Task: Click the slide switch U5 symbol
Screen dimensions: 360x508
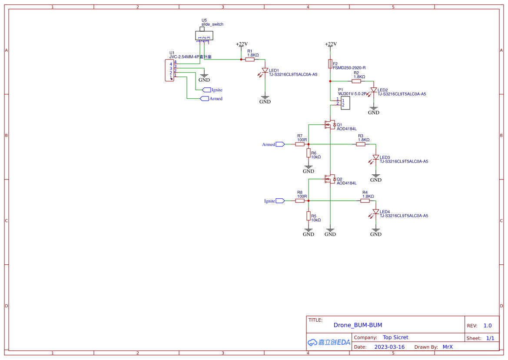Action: pyautogui.click(x=204, y=35)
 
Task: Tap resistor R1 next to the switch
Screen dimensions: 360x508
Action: pyautogui.click(x=250, y=60)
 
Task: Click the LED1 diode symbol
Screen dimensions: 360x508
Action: pyautogui.click(x=265, y=70)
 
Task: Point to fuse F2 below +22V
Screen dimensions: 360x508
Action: pyautogui.click(x=330, y=64)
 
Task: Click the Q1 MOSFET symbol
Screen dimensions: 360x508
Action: pyautogui.click(x=329, y=125)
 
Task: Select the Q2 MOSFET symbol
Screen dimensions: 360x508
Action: pyautogui.click(x=329, y=179)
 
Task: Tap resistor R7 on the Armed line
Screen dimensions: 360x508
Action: pyautogui.click(x=300, y=144)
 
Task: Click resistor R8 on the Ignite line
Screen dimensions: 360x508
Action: pyautogui.click(x=300, y=201)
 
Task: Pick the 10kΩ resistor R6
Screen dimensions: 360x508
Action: pyautogui.click(x=309, y=153)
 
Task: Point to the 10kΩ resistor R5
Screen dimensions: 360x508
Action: pyautogui.click(x=309, y=216)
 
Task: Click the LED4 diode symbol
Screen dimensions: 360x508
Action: pyautogui.click(x=376, y=212)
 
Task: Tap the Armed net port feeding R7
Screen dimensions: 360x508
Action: pyautogui.click(x=280, y=144)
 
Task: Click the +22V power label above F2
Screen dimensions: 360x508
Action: pyautogui.click(x=331, y=44)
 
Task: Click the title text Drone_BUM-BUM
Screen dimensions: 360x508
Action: pyautogui.click(x=358, y=325)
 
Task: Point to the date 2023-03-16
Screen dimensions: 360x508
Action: pyautogui.click(x=389, y=347)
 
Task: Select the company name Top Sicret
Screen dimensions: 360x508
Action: pyautogui.click(x=395, y=337)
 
